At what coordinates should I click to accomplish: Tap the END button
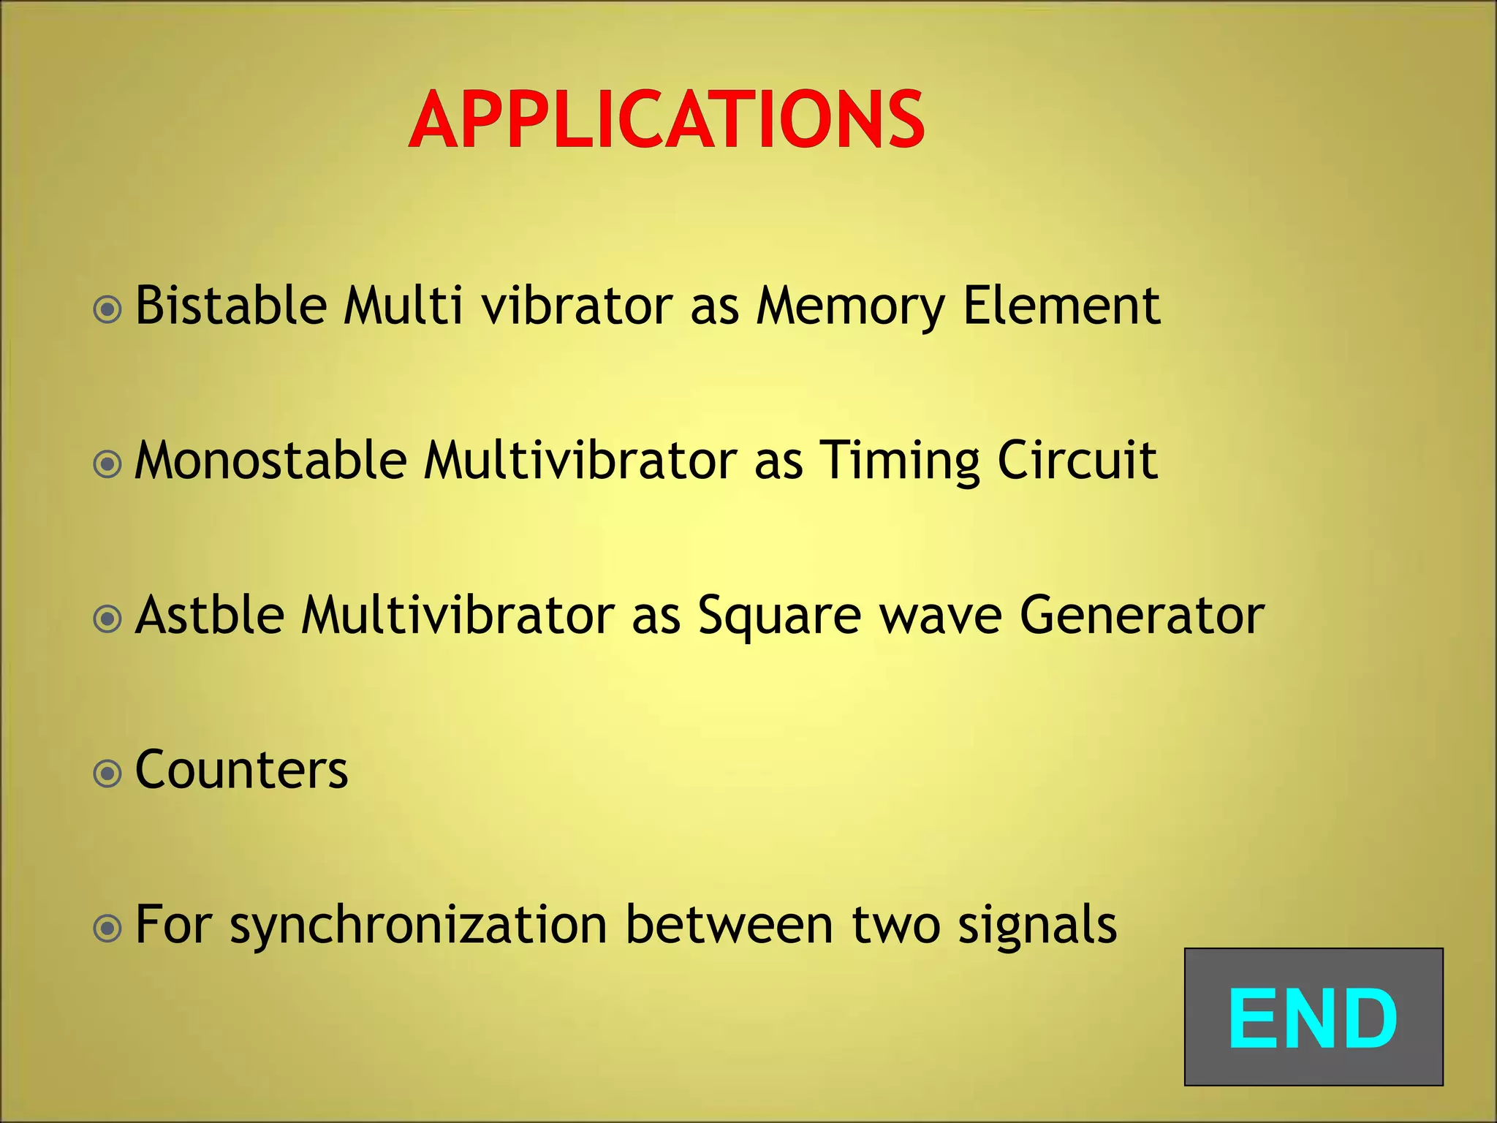pyautogui.click(x=1313, y=1017)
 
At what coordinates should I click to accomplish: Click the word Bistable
pyautogui.click(x=230, y=305)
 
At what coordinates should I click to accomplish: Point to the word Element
pyautogui.click(x=1061, y=305)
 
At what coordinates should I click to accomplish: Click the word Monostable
pyautogui.click(x=270, y=461)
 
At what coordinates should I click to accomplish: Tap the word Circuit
pyautogui.click(x=1077, y=461)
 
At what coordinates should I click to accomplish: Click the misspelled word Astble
pyautogui.click(x=210, y=615)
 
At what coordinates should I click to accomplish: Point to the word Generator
pyautogui.click(x=1142, y=615)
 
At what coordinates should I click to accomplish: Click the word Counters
pyautogui.click(x=241, y=770)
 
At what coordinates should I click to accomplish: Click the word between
pyautogui.click(x=729, y=925)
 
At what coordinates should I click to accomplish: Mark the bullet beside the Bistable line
pyautogui.click(x=107, y=310)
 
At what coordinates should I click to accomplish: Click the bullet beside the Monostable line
pyautogui.click(x=107, y=464)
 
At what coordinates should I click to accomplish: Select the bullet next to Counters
pyautogui.click(x=107, y=774)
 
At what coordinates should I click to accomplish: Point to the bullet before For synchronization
pyautogui.click(x=107, y=929)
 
